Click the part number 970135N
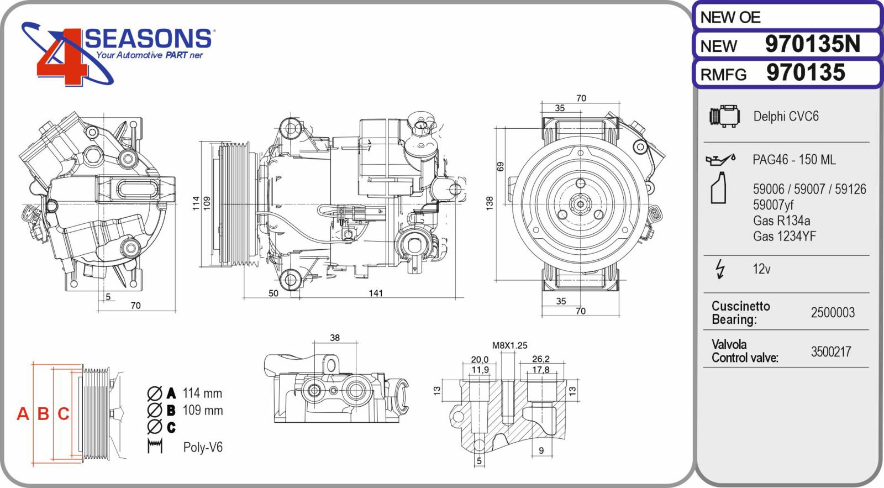tap(812, 44)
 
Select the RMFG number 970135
tap(806, 73)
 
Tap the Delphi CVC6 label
tap(786, 117)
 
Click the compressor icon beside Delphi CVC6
tap(724, 116)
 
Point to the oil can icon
tap(720, 159)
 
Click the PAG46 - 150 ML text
tap(793, 160)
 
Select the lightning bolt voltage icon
tap(720, 269)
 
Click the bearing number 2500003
tap(832, 313)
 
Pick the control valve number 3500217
tap(830, 352)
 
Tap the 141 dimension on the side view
tap(376, 293)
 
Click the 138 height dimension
tap(489, 203)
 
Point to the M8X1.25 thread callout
tap(509, 345)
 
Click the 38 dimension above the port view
tap(335, 338)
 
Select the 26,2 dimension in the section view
tap(540, 359)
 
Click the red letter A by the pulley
tap(23, 413)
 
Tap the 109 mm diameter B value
tap(202, 411)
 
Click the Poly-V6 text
tap(203, 447)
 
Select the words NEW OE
tap(730, 18)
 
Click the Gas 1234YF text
tap(784, 237)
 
